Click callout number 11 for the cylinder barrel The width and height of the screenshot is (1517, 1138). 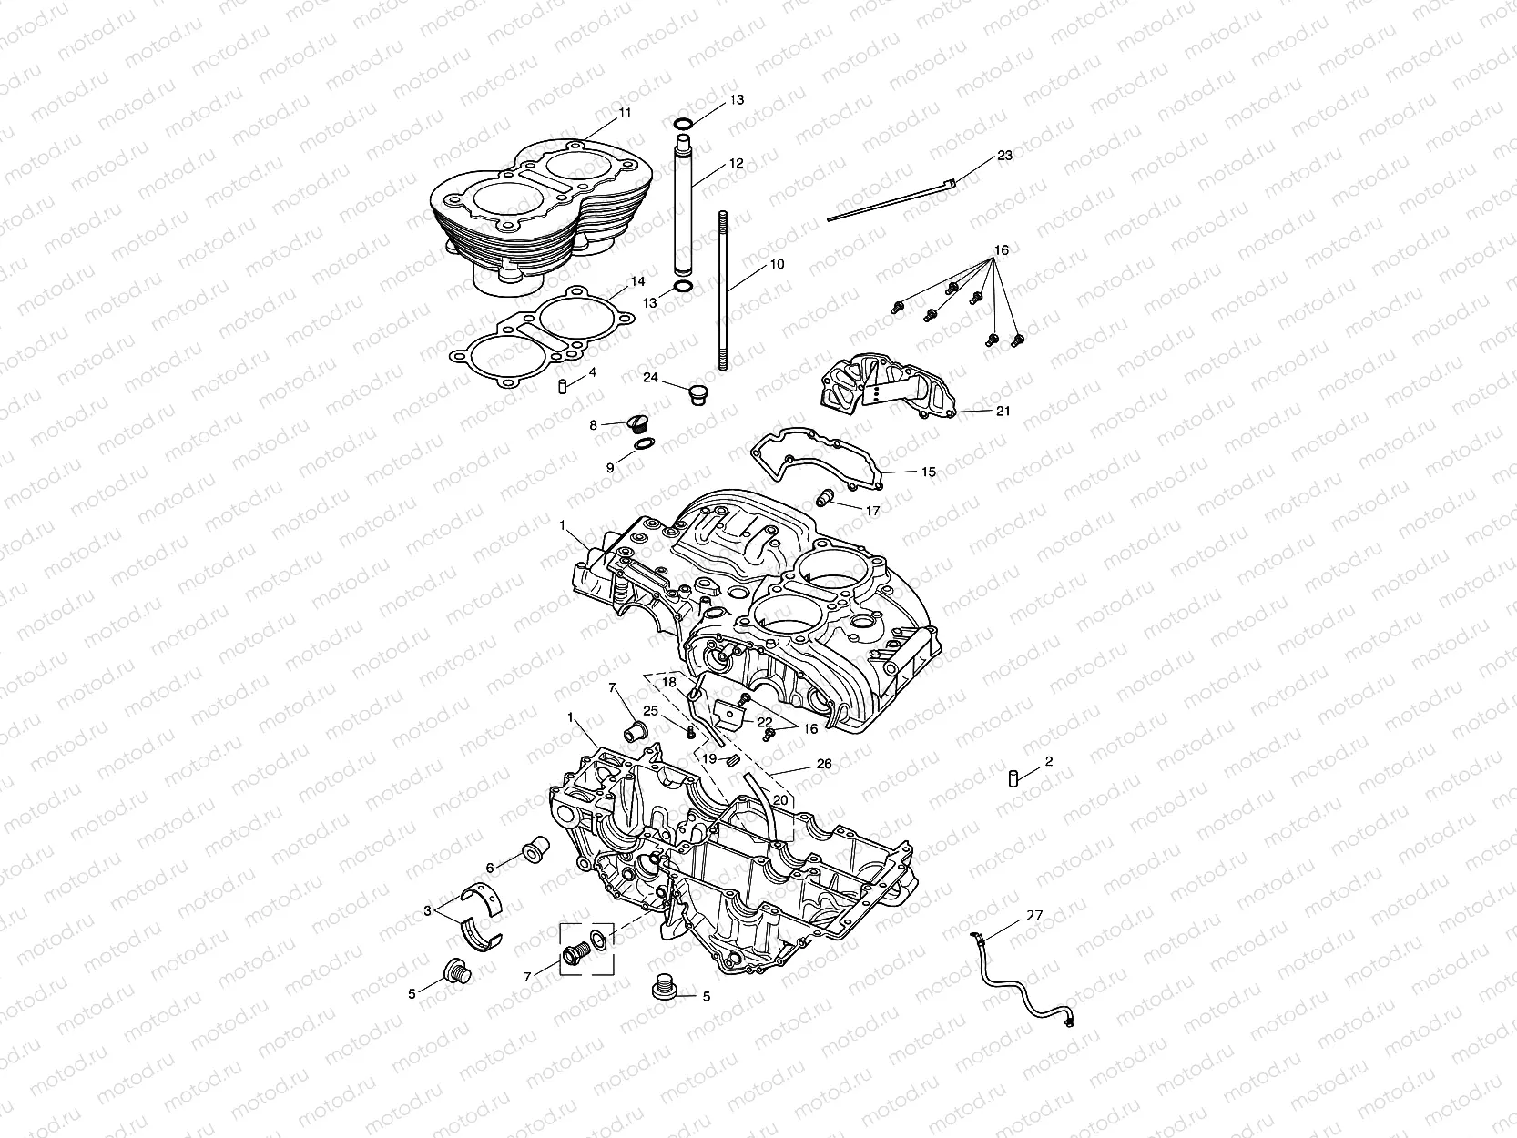pos(624,113)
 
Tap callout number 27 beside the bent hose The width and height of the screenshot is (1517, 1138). pos(1034,916)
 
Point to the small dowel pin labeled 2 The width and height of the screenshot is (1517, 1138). pos(1011,777)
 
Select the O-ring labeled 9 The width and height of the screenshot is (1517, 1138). pos(642,444)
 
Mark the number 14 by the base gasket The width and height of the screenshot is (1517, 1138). pos(637,282)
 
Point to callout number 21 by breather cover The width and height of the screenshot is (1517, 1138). pos(1003,412)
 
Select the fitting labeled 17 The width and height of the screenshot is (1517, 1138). pos(827,498)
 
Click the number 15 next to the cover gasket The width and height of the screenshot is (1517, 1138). pos(928,472)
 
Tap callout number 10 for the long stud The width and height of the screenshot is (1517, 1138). pos(777,265)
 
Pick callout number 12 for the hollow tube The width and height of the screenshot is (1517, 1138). pos(736,164)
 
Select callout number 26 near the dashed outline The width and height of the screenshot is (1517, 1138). pos(824,765)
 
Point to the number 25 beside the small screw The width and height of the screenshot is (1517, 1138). pos(651,711)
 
